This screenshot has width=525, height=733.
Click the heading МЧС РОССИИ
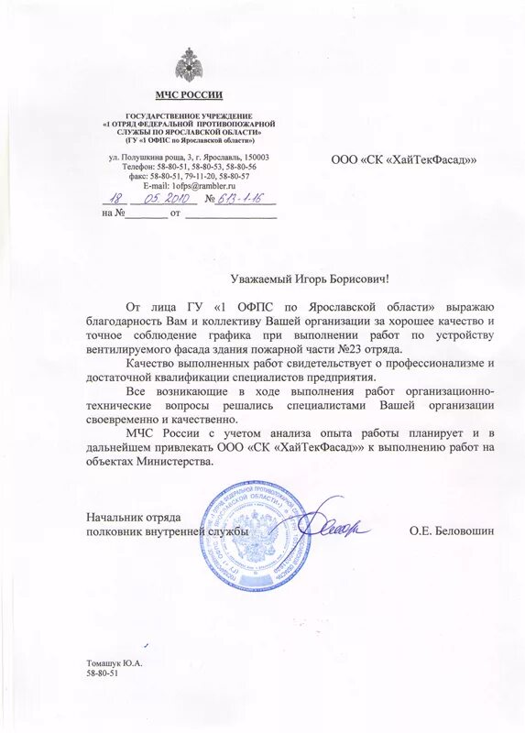click(x=188, y=95)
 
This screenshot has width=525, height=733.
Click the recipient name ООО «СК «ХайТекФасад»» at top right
click(x=404, y=160)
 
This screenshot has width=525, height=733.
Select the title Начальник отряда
click(x=134, y=518)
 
